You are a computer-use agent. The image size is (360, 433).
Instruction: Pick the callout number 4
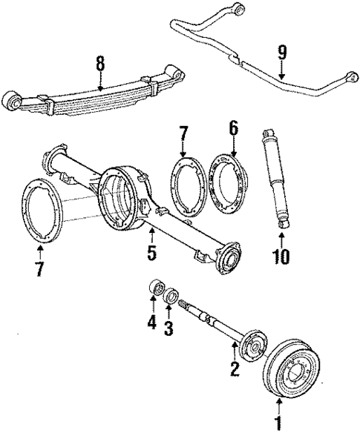(x=151, y=323)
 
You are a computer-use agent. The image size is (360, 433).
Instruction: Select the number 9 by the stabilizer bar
(x=281, y=53)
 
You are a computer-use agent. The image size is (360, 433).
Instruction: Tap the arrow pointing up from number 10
(x=282, y=239)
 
